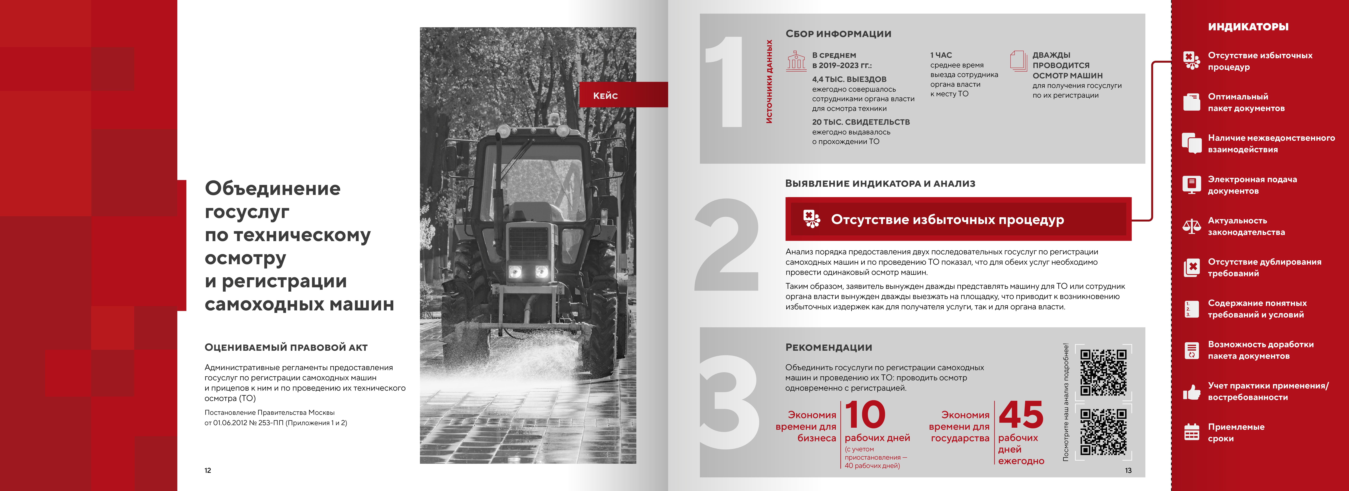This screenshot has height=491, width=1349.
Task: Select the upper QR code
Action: click(1103, 373)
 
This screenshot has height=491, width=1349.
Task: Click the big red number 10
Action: click(865, 414)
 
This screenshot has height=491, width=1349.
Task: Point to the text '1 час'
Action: click(941, 55)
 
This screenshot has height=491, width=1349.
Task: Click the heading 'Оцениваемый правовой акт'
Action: click(286, 347)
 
